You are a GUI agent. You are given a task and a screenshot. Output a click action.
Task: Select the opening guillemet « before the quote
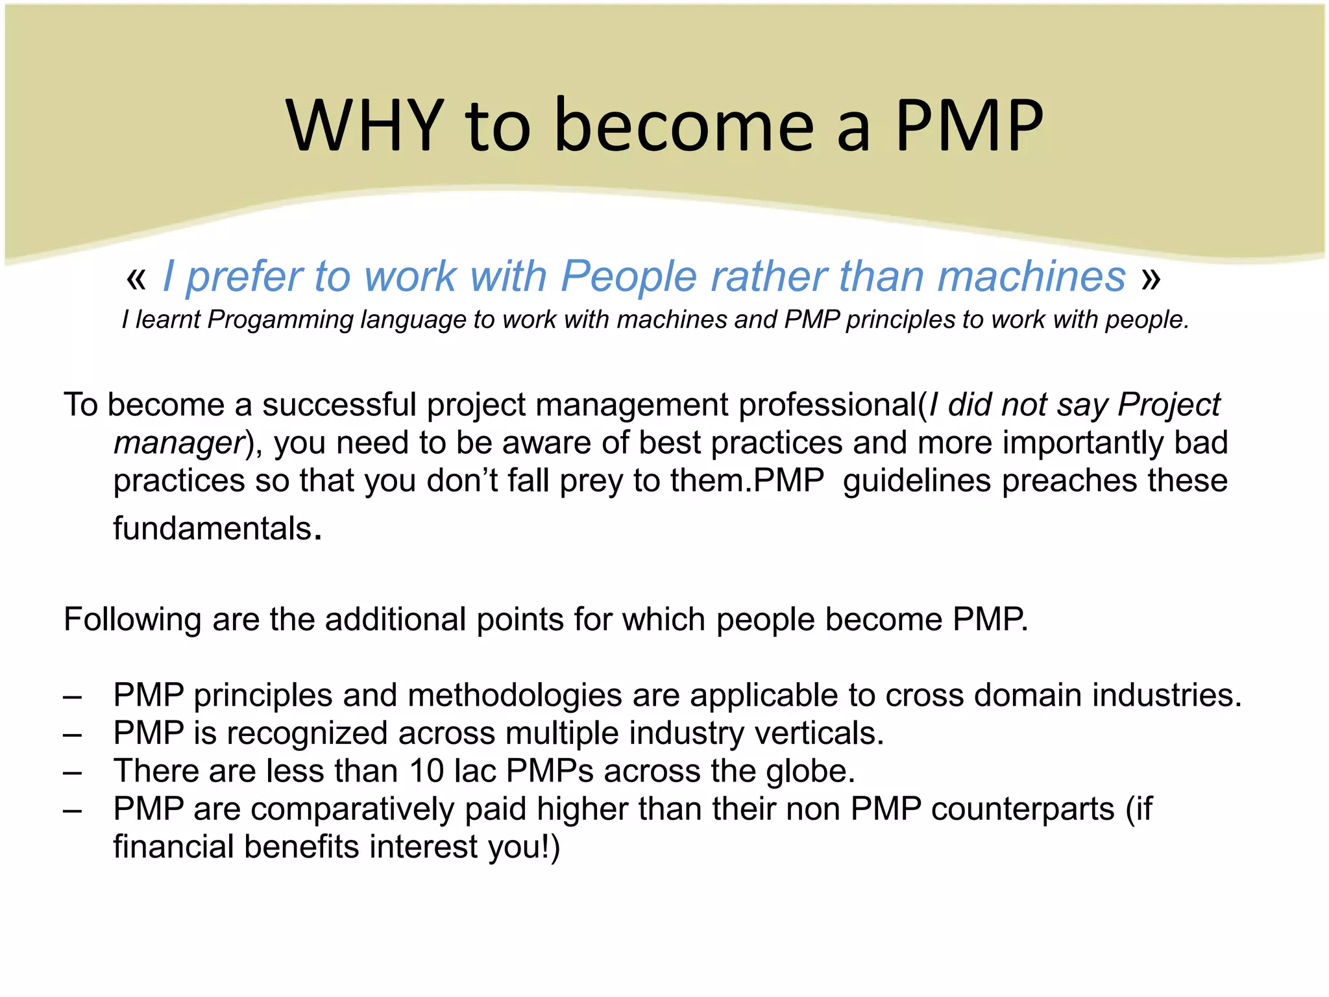coord(136,278)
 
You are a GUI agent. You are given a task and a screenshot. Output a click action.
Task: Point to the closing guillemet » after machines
coord(1151,278)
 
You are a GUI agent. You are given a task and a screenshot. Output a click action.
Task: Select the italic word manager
coord(178,443)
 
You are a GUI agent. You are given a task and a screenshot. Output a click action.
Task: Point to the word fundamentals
coord(213,528)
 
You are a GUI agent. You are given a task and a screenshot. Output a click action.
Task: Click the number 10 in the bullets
coord(426,771)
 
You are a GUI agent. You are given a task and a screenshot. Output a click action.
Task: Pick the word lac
coord(475,771)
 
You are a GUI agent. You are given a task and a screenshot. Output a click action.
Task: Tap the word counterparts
coord(1022,809)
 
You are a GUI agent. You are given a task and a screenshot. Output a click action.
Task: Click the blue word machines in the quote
coord(1032,276)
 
